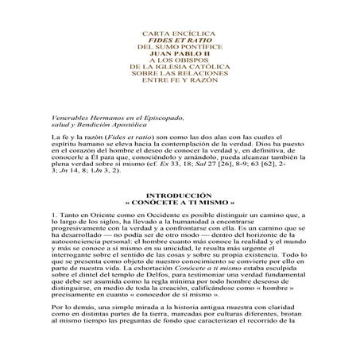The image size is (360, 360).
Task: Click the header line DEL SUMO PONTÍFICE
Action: coord(179,43)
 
